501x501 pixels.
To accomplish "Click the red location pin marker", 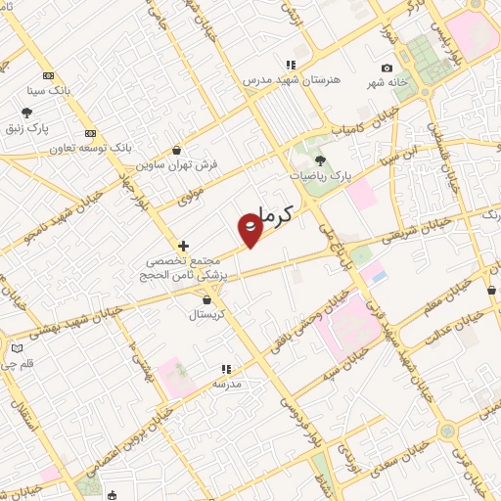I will [250, 228].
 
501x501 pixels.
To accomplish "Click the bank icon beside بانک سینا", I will [48, 76].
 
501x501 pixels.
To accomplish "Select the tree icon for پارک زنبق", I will [27, 113].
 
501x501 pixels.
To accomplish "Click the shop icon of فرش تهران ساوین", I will [176, 151].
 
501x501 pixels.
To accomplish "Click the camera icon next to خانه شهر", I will [387, 68].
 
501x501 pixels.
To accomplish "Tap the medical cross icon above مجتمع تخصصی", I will [182, 246].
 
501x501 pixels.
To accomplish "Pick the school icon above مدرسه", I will [226, 370].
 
